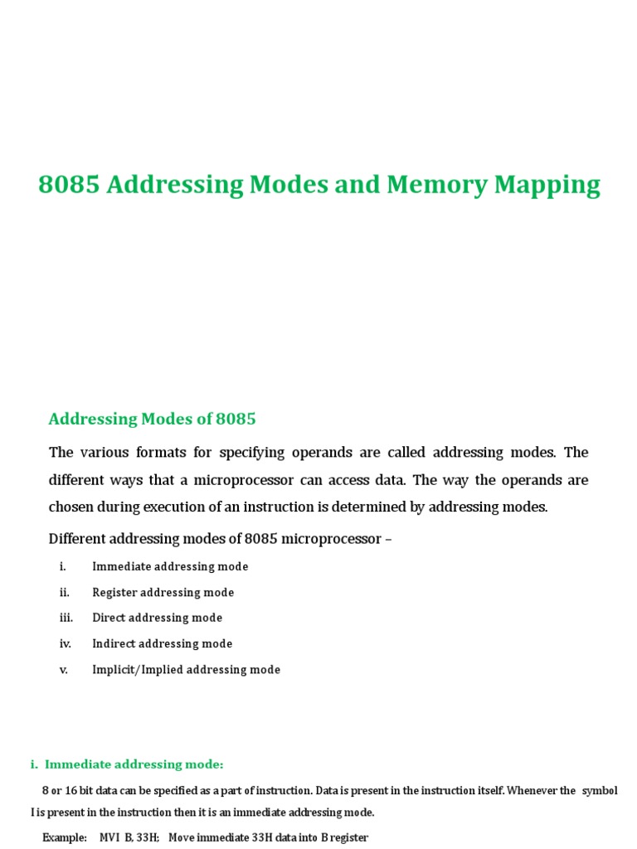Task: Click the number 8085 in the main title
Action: coord(70,185)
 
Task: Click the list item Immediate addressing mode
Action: coord(170,566)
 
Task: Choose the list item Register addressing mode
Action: coord(163,592)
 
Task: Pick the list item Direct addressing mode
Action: coord(158,618)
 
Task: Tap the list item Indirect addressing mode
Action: coord(163,643)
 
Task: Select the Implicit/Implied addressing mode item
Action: coord(187,669)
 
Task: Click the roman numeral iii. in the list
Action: coord(66,618)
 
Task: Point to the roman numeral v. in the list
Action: coord(63,669)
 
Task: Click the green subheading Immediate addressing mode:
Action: coord(134,764)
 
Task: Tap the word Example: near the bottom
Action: coord(65,837)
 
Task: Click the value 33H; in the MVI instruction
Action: coord(147,837)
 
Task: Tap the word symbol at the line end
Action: coord(600,791)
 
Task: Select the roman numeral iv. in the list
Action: coord(66,643)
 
